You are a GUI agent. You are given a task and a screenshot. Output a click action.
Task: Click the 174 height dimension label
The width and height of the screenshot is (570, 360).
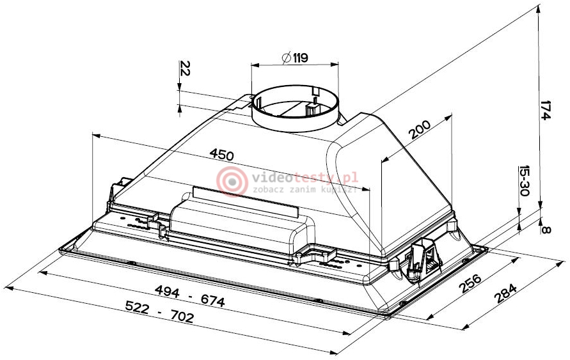coord(546,109)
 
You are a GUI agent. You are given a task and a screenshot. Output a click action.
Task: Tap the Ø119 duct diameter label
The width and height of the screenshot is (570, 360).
coord(295,58)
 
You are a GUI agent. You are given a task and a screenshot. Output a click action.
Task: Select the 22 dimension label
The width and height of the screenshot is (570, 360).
coord(185,68)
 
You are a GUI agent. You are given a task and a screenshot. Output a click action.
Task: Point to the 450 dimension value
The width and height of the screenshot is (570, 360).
coord(222,155)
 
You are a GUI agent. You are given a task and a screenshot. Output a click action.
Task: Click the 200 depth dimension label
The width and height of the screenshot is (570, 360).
coord(420,129)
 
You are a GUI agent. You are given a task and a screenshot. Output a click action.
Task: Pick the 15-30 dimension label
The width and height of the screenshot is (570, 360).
coord(524,180)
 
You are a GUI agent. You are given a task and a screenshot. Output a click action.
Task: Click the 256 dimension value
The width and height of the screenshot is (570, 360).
coord(470,283)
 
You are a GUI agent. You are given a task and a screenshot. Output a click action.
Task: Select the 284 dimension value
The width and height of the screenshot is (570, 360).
coord(505,293)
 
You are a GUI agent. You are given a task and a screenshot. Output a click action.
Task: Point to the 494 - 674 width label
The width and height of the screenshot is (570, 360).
coord(190,295)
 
